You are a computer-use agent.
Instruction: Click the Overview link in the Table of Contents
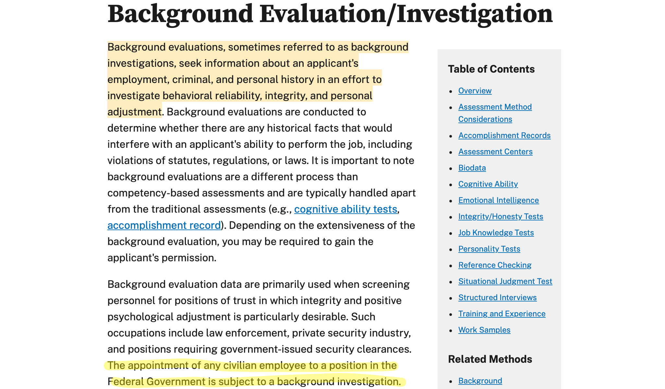pyautogui.click(x=475, y=91)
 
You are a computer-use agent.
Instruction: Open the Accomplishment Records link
pyautogui.click(x=504, y=136)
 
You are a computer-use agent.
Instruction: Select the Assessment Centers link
pyautogui.click(x=495, y=152)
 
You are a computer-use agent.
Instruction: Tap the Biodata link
pyautogui.click(x=472, y=168)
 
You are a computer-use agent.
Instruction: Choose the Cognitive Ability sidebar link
pyautogui.click(x=488, y=184)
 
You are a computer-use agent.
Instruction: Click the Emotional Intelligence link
pyautogui.click(x=498, y=200)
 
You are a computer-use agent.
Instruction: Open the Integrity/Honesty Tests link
pyautogui.click(x=501, y=217)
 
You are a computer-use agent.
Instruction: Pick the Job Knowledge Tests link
pyautogui.click(x=496, y=233)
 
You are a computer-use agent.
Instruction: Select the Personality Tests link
pyautogui.click(x=489, y=249)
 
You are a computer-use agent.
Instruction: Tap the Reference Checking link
pyautogui.click(x=495, y=265)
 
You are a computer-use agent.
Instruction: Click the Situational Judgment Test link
pyautogui.click(x=505, y=281)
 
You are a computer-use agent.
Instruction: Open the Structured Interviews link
pyautogui.click(x=497, y=298)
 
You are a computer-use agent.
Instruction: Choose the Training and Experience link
pyautogui.click(x=502, y=314)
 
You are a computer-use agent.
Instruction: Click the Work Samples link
pyautogui.click(x=484, y=330)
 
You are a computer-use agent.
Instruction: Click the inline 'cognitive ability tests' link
pyautogui.click(x=345, y=209)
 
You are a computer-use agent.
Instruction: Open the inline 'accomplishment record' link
pyautogui.click(x=164, y=226)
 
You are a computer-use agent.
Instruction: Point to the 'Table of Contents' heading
pyautogui.click(x=491, y=69)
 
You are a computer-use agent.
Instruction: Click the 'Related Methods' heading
pyautogui.click(x=490, y=359)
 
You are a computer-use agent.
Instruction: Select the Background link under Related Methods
pyautogui.click(x=480, y=381)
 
